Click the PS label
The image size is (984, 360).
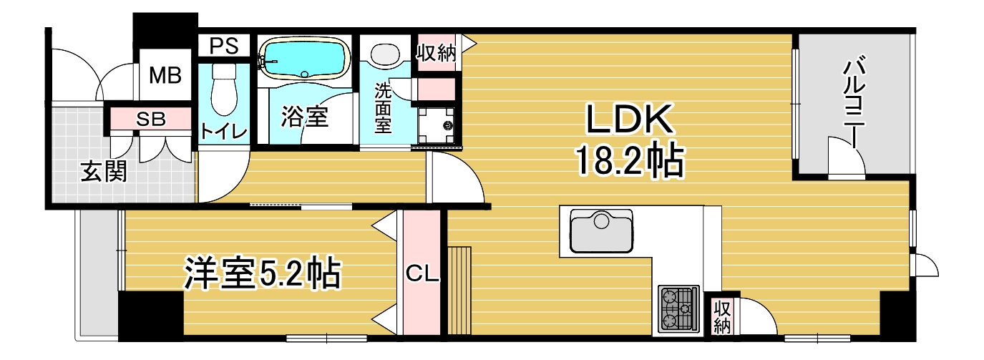click(223, 46)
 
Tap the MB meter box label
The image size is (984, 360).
click(165, 75)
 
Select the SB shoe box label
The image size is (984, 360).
click(151, 119)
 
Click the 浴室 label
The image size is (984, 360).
click(304, 117)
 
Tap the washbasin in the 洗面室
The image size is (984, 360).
click(385, 54)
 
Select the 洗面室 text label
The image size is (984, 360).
click(383, 107)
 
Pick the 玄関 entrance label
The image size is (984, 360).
click(104, 171)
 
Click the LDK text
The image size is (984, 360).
click(630, 119)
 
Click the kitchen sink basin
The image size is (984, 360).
click(601, 230)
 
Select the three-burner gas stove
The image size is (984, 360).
click(678, 308)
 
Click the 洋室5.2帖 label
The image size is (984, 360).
click(262, 273)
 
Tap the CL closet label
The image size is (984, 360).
click(422, 274)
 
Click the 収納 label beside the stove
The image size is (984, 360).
click(722, 317)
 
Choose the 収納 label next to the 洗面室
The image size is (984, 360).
click(437, 53)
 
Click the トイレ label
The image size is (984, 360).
click(223, 132)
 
